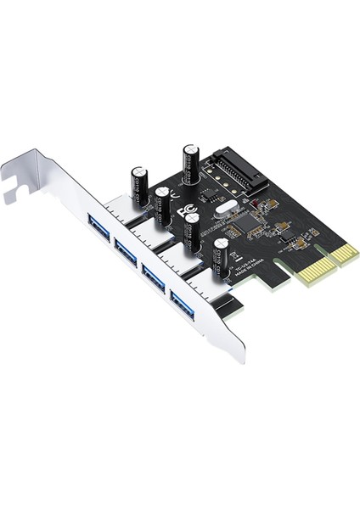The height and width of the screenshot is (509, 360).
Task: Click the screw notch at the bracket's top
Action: [12, 194]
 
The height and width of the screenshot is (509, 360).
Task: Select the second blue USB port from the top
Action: [127, 251]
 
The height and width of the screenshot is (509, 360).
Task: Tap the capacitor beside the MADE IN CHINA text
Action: [222, 256]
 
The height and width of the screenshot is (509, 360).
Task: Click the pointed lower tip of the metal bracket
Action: [243, 360]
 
